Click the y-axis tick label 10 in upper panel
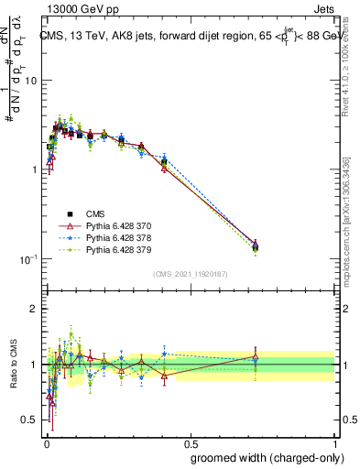30,81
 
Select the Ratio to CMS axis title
12,365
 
